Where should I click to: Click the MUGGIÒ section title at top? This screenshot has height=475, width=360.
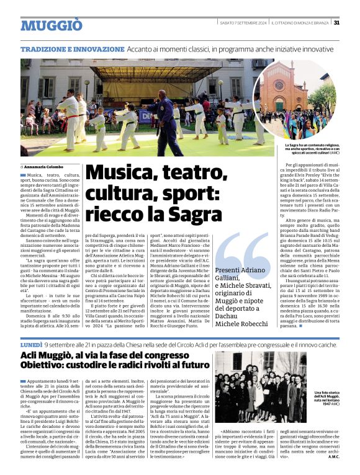point(51,25)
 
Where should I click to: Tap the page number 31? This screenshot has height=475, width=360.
point(336,22)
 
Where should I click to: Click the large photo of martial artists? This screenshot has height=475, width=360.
point(137,107)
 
